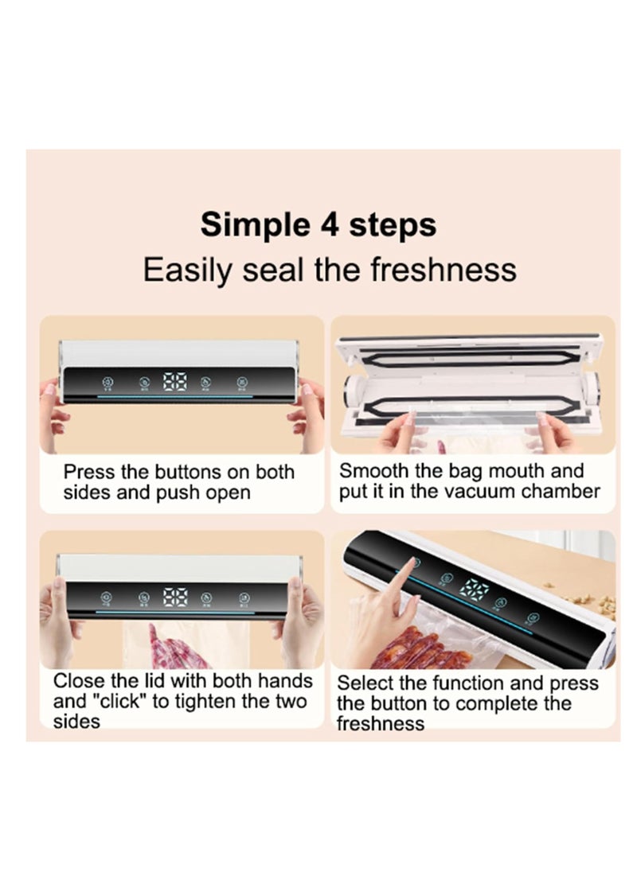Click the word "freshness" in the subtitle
tap(444, 270)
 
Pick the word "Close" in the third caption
tap(78, 681)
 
